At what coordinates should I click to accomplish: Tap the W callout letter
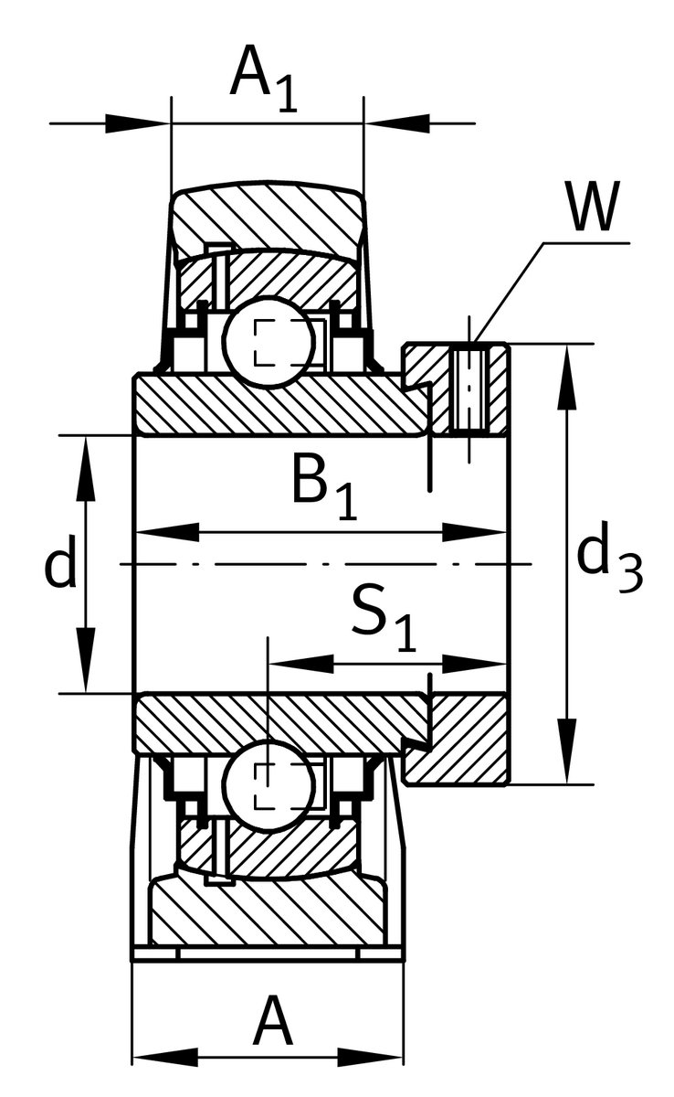tap(591, 208)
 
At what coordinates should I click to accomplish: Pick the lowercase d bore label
tap(60, 565)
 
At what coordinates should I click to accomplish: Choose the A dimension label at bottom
tap(273, 1023)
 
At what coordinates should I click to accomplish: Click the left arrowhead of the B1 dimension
tap(168, 533)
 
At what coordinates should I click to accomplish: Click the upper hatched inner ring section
tap(274, 402)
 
